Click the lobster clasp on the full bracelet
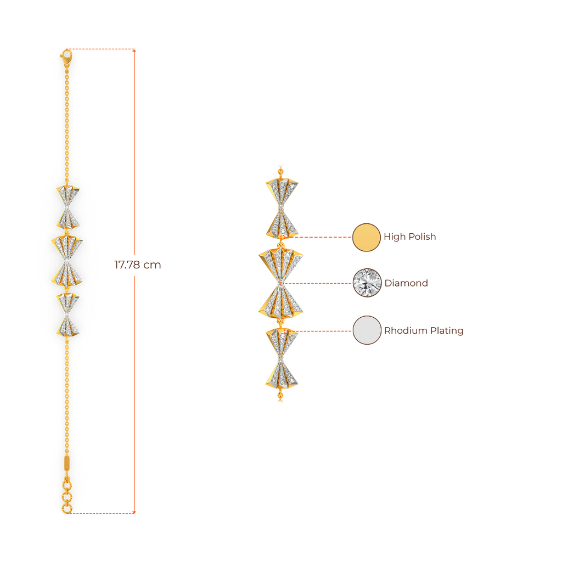pos(66,57)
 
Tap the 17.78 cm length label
pos(138,265)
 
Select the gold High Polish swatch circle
pos(366,237)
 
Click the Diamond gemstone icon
pos(367,283)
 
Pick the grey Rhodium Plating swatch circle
pos(367,330)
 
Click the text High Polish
pos(409,237)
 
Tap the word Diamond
pos(406,283)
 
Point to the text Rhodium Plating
pos(424,330)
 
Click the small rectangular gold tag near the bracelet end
pos(67,463)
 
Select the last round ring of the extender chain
pos(66,508)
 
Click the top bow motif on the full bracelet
pos(68,207)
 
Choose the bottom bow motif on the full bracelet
pos(68,314)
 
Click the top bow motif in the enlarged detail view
pos(282,208)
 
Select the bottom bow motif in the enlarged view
pos(282,358)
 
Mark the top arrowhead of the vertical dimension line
pos(134,50)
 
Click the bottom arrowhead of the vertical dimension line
pos(134,512)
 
